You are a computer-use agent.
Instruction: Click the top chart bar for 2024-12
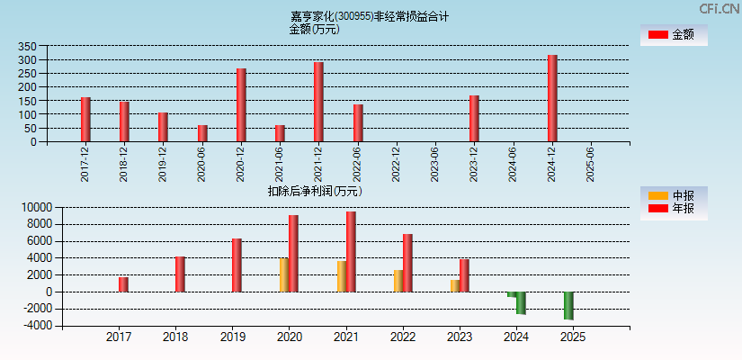tap(552, 98)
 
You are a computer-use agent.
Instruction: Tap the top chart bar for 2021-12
tap(318, 102)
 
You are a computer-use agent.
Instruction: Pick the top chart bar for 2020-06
tap(202, 133)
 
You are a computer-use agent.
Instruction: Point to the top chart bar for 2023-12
tap(474, 119)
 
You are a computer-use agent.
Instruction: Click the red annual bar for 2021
tap(351, 252)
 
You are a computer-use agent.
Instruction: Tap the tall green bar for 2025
tap(568, 305)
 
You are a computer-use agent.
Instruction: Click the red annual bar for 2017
tap(123, 284)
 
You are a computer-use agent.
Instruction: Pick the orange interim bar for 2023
tap(455, 285)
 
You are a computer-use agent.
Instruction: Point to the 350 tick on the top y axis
tap(27, 47)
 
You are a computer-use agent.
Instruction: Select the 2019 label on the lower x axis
tap(232, 337)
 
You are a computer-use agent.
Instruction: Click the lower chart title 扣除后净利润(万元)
tap(314, 191)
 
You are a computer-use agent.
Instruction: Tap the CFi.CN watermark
tap(719, 8)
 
